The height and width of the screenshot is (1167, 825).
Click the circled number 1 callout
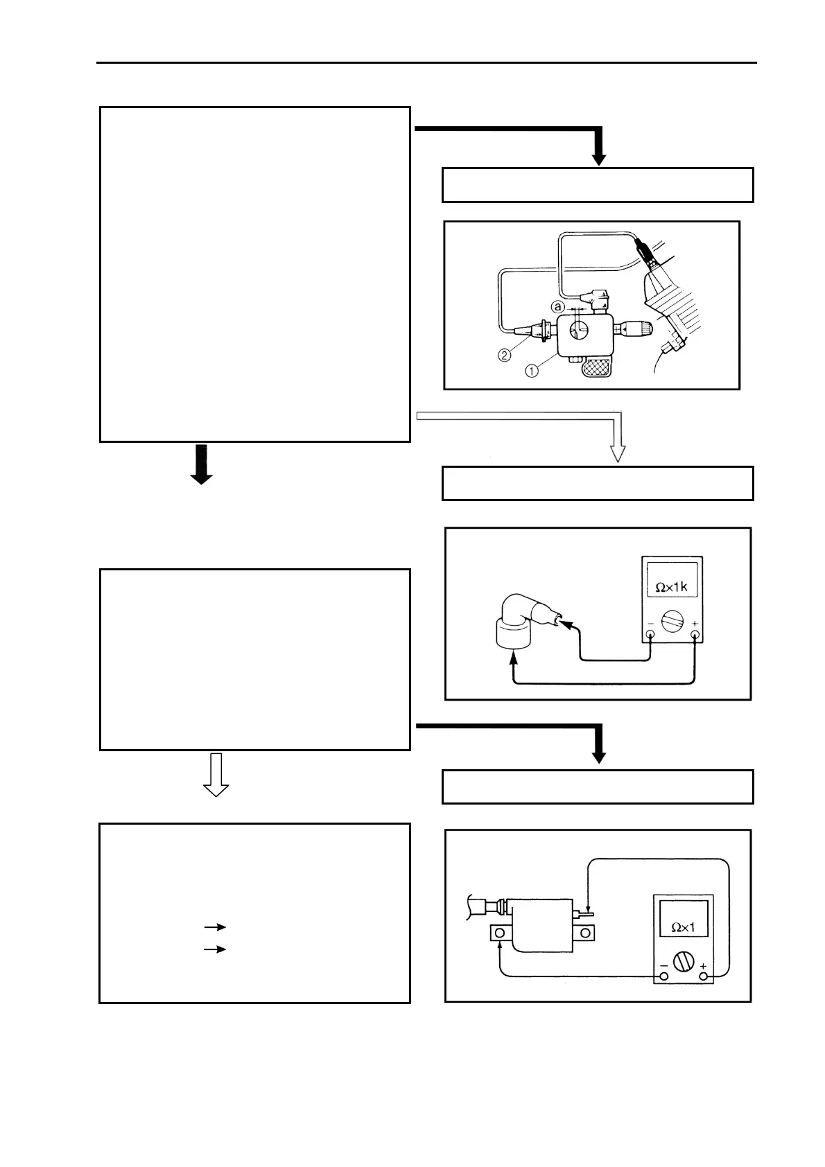click(x=531, y=371)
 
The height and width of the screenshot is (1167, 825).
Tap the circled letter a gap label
click(x=557, y=306)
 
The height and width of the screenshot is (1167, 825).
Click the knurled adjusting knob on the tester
click(x=643, y=327)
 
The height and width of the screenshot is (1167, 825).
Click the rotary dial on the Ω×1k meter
click(x=672, y=622)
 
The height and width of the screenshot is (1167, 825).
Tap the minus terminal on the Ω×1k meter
click(x=650, y=633)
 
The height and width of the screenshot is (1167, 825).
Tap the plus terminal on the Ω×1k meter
click(x=695, y=633)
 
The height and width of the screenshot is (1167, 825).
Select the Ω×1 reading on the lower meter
click(x=683, y=927)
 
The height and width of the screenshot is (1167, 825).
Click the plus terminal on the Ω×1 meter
click(x=704, y=976)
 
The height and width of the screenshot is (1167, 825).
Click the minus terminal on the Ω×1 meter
click(x=663, y=976)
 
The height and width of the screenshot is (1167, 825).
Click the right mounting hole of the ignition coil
click(x=586, y=934)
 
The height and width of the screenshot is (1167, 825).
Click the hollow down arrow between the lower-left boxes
click(x=216, y=775)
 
